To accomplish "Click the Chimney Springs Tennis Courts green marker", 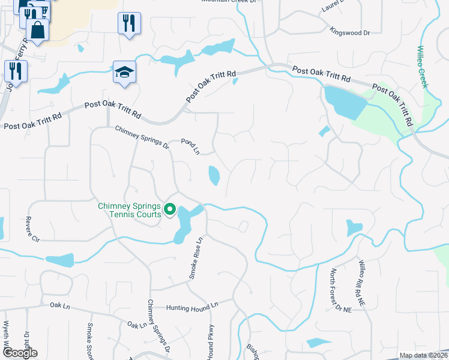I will pos(170,209).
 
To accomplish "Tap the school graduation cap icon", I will pos(125,73).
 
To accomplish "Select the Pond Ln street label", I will pos(191,146).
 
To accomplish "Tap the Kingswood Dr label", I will pos(350,31).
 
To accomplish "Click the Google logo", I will pos(19,352).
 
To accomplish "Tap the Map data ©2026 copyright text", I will pos(423,355).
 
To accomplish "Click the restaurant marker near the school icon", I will pos(129,23).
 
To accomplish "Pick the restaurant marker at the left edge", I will pos(16,71).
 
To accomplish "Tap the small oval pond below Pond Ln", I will pos(214,175).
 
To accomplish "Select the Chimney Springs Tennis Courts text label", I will pos(129,211).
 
